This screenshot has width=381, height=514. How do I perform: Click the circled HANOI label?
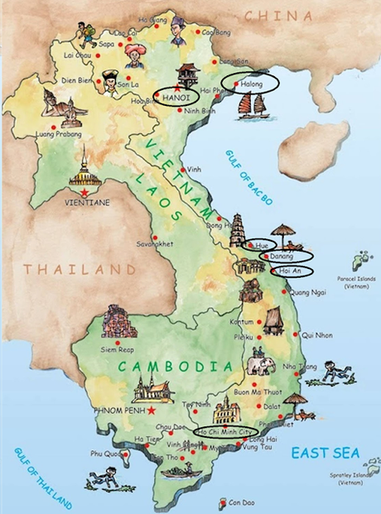(176, 97)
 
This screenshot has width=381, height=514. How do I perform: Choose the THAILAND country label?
(79, 269)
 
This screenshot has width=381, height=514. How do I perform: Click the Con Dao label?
(241, 502)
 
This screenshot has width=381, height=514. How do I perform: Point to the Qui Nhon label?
(317, 334)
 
